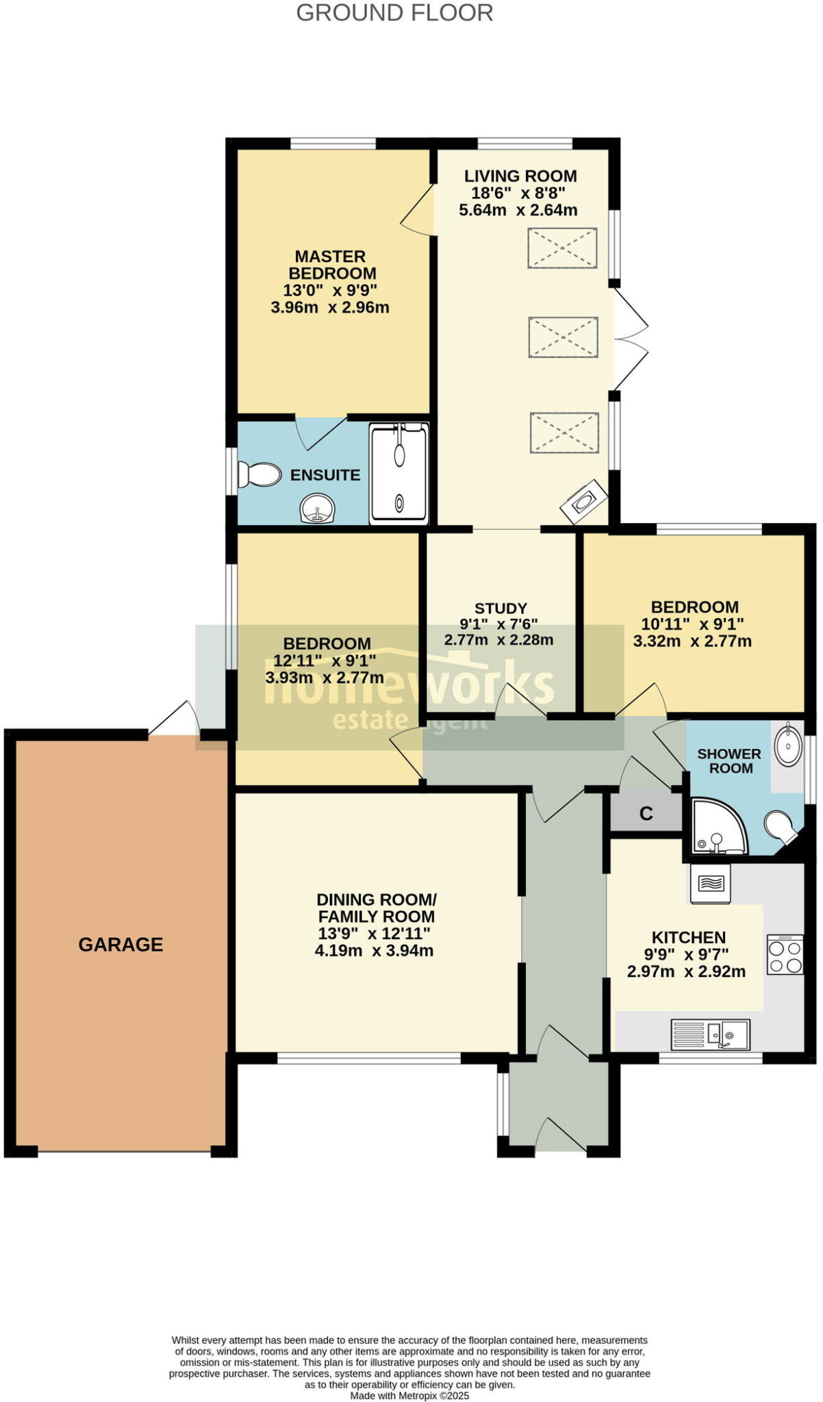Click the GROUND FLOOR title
pos(394,13)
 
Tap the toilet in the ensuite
pos(260,474)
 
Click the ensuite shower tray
pos(399,474)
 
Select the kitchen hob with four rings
pos(785,955)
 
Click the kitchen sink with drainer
pos(711,1034)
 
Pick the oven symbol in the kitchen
pos(710,884)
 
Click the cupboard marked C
pos(646,813)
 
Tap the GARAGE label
pos(121,945)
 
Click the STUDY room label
pos(501,608)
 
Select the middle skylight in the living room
pos(563,337)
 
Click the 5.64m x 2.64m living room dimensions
pos(518,210)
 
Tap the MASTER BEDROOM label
pos(331,264)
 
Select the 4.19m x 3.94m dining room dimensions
pos(374,950)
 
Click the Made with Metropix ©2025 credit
pos(409,1395)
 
